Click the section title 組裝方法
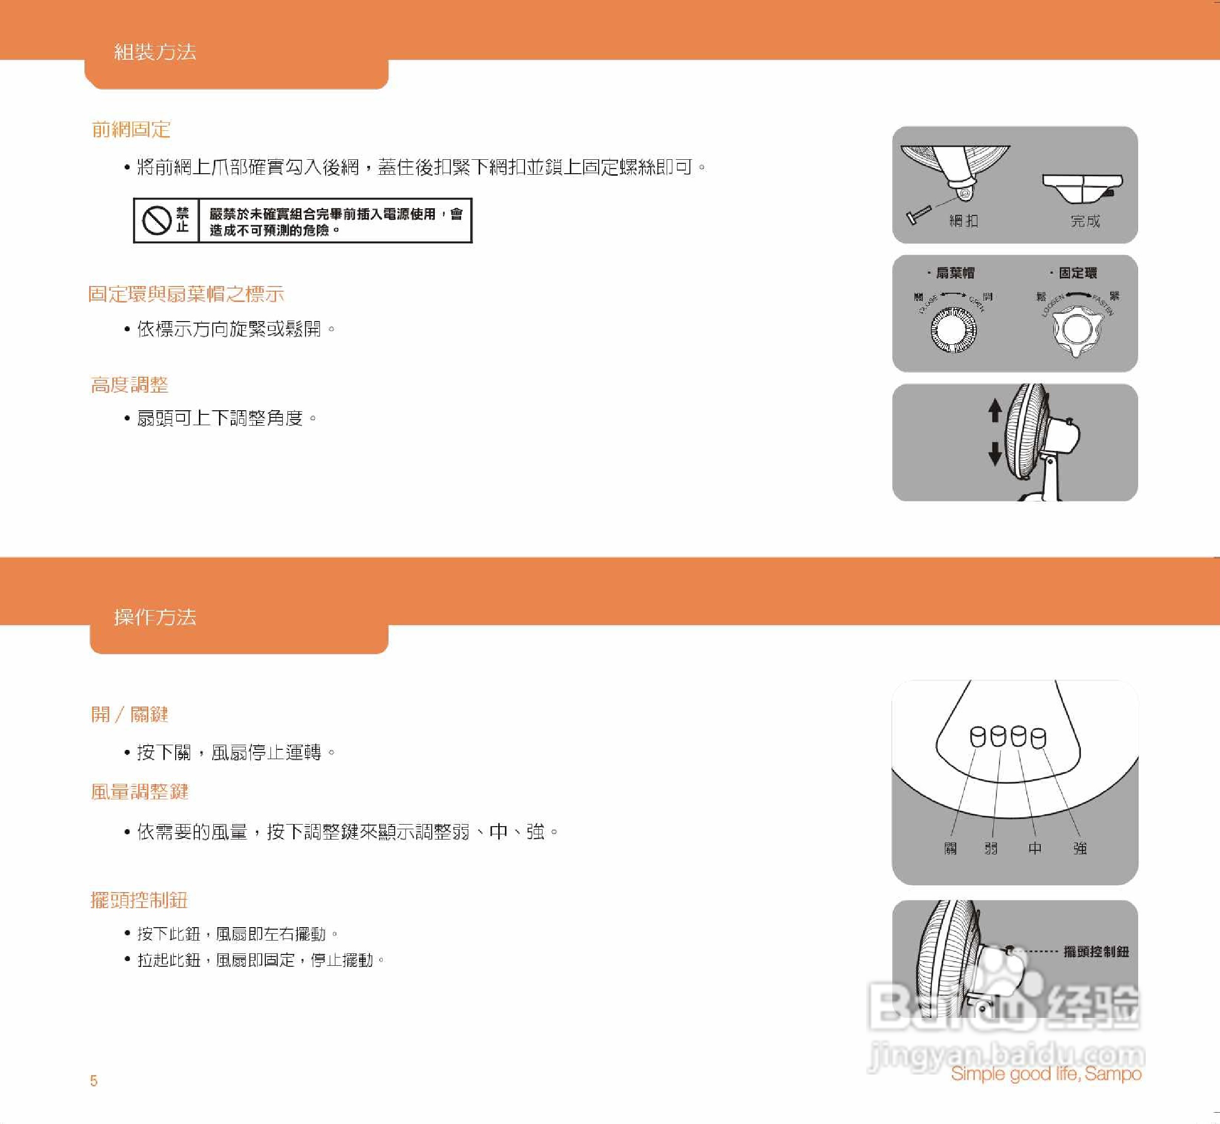(155, 52)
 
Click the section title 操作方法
(155, 617)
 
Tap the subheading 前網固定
(131, 129)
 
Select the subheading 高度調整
(129, 385)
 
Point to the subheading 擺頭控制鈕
(139, 900)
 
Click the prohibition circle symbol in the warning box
(156, 220)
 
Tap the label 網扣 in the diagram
(964, 221)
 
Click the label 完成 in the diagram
(1086, 221)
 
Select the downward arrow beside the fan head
(995, 454)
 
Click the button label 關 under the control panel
(951, 848)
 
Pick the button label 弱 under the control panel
(991, 848)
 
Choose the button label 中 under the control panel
(1035, 848)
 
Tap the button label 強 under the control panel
(1080, 848)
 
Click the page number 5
(94, 1081)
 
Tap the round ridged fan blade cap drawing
(953, 330)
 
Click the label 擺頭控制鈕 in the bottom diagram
(1096, 952)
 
